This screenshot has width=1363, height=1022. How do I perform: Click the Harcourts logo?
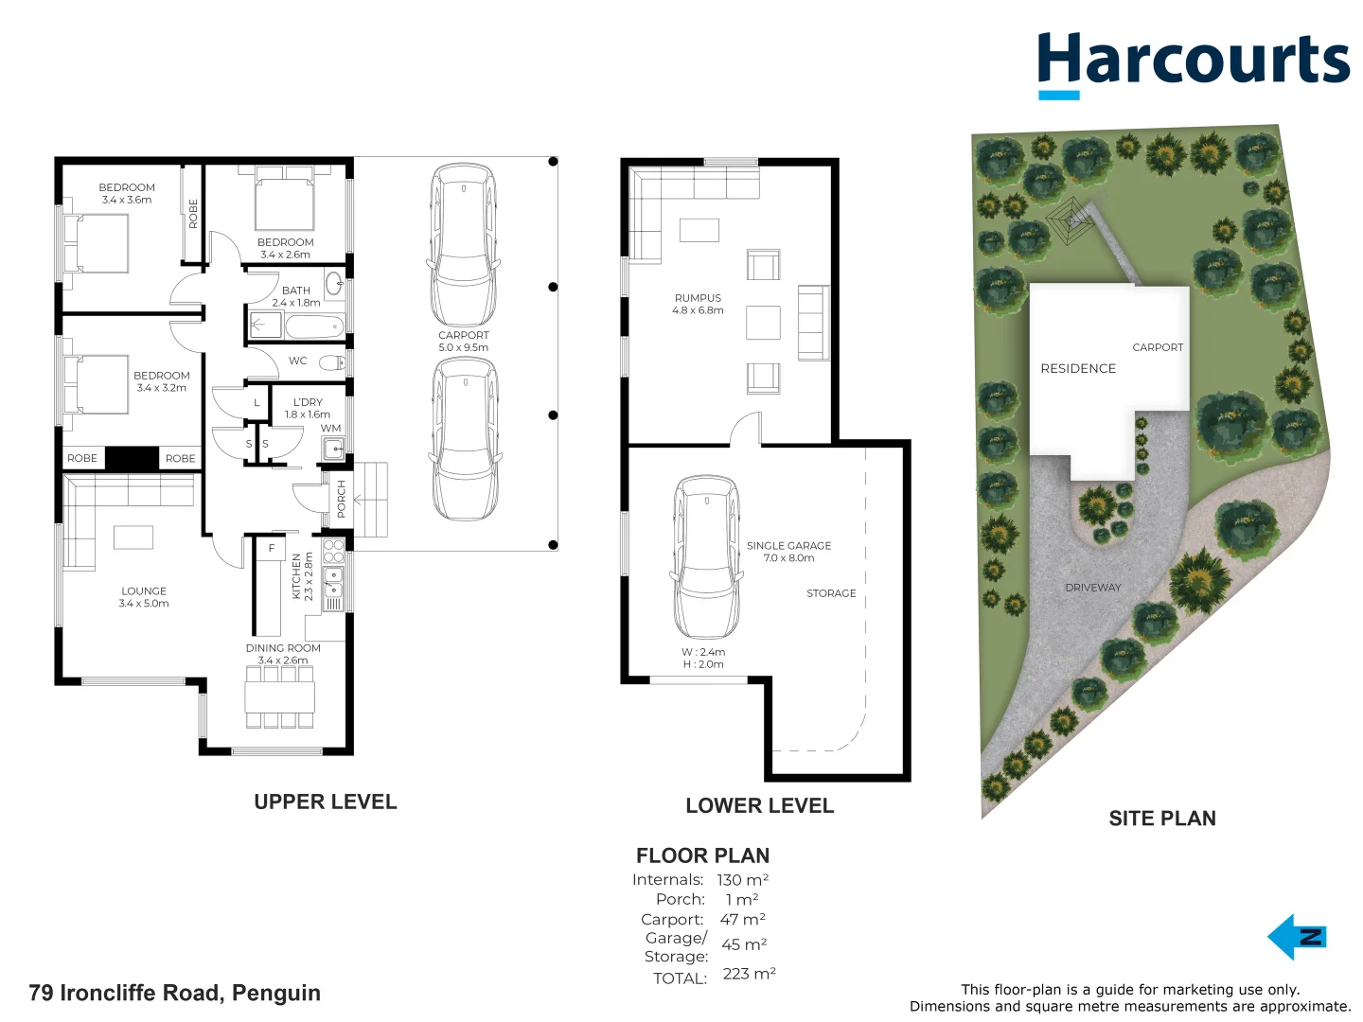tap(1193, 62)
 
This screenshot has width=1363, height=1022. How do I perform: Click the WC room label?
tap(297, 361)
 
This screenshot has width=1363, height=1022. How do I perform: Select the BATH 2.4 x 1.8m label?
tap(295, 297)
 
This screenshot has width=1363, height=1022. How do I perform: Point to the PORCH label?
tap(342, 498)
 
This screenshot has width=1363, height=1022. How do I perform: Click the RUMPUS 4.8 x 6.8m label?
tap(698, 304)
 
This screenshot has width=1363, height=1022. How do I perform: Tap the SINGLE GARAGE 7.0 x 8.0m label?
tap(788, 552)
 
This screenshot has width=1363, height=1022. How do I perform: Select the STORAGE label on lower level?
tap(830, 593)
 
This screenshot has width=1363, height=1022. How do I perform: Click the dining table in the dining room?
tap(279, 697)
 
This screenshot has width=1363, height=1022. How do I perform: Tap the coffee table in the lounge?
tap(133, 537)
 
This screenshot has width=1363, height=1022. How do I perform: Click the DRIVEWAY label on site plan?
tap(1092, 588)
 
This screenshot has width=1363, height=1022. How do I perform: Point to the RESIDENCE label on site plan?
tap(1078, 368)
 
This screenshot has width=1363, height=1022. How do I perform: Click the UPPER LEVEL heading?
tap(325, 802)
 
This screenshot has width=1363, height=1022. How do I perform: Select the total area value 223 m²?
tap(749, 974)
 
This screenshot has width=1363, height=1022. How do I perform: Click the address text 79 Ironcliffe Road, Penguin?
tap(175, 993)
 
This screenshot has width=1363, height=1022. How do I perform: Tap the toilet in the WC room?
tap(331, 362)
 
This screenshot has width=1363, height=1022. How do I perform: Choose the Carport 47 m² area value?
tap(742, 919)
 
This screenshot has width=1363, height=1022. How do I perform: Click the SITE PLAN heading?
tap(1161, 819)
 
